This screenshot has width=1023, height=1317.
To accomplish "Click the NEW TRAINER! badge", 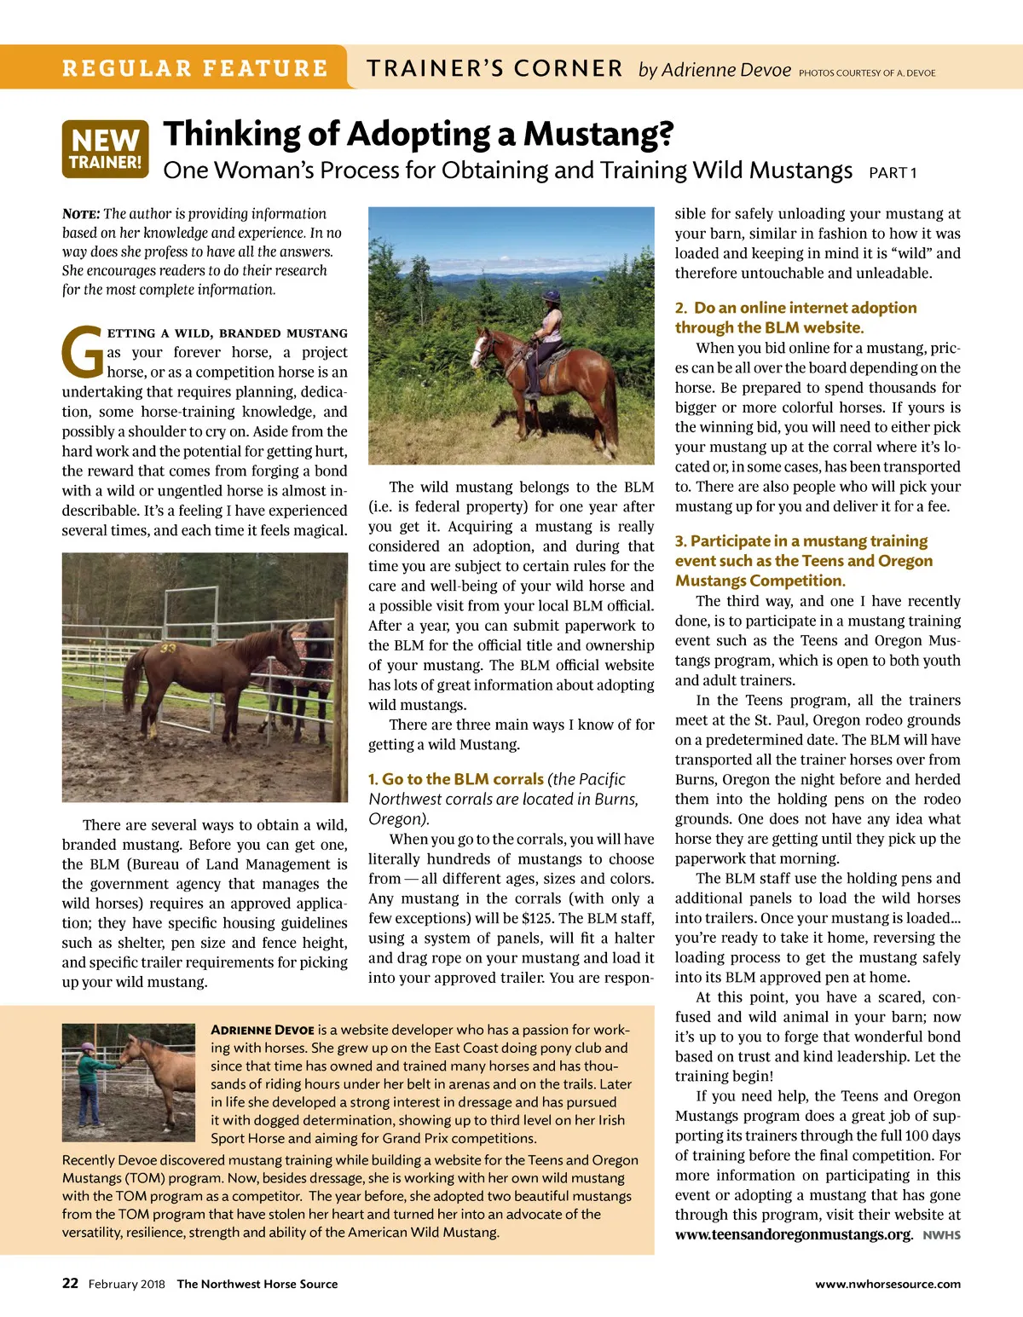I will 105,149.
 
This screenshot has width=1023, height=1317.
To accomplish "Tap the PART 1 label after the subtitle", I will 892,173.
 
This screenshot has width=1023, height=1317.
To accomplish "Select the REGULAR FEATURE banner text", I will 195,68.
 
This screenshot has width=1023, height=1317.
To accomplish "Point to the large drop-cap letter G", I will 83,352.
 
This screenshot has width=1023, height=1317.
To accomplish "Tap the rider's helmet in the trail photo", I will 552,297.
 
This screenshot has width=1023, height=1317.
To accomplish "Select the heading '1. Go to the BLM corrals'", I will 456,779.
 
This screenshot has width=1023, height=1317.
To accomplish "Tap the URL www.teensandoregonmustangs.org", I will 793,1234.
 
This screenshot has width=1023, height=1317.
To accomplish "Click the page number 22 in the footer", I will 70,1284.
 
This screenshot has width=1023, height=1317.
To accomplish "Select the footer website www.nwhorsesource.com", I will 887,1285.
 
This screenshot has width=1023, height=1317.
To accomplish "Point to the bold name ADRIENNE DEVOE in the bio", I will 263,1030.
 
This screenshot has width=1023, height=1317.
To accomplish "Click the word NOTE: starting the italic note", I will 81,214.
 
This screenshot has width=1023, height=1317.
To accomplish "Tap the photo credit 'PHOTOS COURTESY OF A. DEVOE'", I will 866,73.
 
